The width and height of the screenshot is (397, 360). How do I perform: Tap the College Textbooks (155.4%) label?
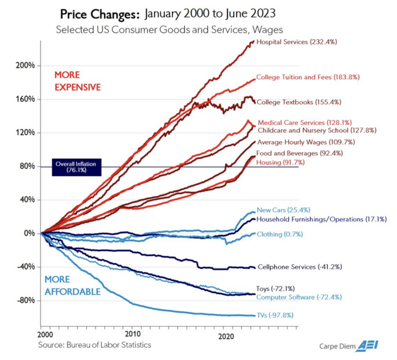coord(299,102)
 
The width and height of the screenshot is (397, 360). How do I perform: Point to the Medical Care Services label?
coord(304,123)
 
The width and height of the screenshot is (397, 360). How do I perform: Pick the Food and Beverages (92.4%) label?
coord(299,154)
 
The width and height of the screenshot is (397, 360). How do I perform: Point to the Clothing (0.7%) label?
coord(280,234)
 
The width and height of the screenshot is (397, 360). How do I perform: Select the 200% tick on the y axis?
coord(25,66)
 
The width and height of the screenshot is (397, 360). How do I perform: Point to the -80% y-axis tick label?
coord(25,301)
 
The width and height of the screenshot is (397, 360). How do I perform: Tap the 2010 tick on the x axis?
coord(133,334)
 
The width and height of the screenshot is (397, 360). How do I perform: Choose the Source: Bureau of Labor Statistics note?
coord(94,344)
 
